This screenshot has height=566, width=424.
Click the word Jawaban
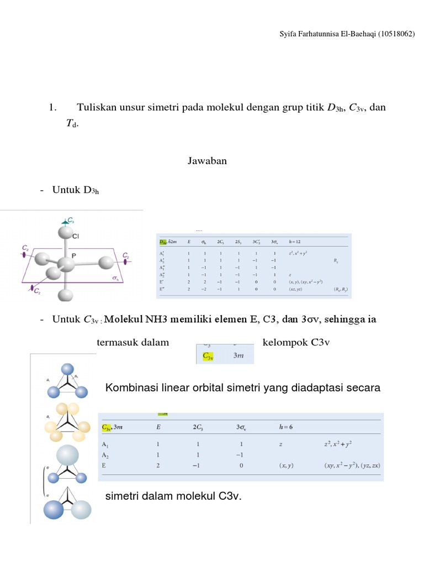[x=204, y=161]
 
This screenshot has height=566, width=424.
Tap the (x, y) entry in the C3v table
[x=287, y=465]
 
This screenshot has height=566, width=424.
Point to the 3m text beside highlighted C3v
[x=238, y=356]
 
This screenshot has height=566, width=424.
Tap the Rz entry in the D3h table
[x=336, y=260]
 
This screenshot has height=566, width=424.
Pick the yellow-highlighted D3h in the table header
[x=163, y=242]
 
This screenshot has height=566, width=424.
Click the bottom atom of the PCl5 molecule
[x=67, y=296]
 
